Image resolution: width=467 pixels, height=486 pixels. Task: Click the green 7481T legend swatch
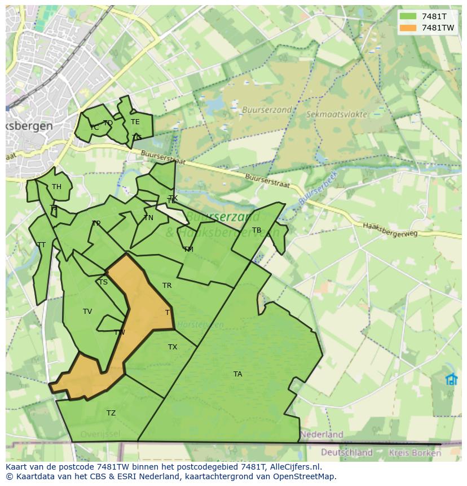(407, 16)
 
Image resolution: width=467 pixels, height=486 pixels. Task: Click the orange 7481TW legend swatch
(407, 28)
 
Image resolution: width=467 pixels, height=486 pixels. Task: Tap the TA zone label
(237, 374)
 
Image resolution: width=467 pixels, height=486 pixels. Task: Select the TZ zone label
(111, 413)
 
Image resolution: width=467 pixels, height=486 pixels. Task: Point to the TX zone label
(173, 347)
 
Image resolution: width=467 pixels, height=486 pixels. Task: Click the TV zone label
(87, 312)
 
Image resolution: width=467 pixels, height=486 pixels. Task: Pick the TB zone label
(257, 230)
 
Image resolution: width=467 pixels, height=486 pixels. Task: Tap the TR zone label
(167, 286)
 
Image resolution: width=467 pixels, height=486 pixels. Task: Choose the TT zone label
(41, 245)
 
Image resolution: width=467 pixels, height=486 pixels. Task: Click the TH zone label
(56, 187)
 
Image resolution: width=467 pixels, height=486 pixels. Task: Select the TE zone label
(135, 122)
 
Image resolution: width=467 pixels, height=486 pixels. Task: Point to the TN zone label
(148, 218)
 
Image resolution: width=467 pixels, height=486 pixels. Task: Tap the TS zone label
(103, 282)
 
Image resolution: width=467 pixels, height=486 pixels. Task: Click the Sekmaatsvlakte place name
(336, 114)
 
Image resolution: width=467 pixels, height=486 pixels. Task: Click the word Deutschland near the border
(346, 452)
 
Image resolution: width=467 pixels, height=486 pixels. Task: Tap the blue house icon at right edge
(451, 379)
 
